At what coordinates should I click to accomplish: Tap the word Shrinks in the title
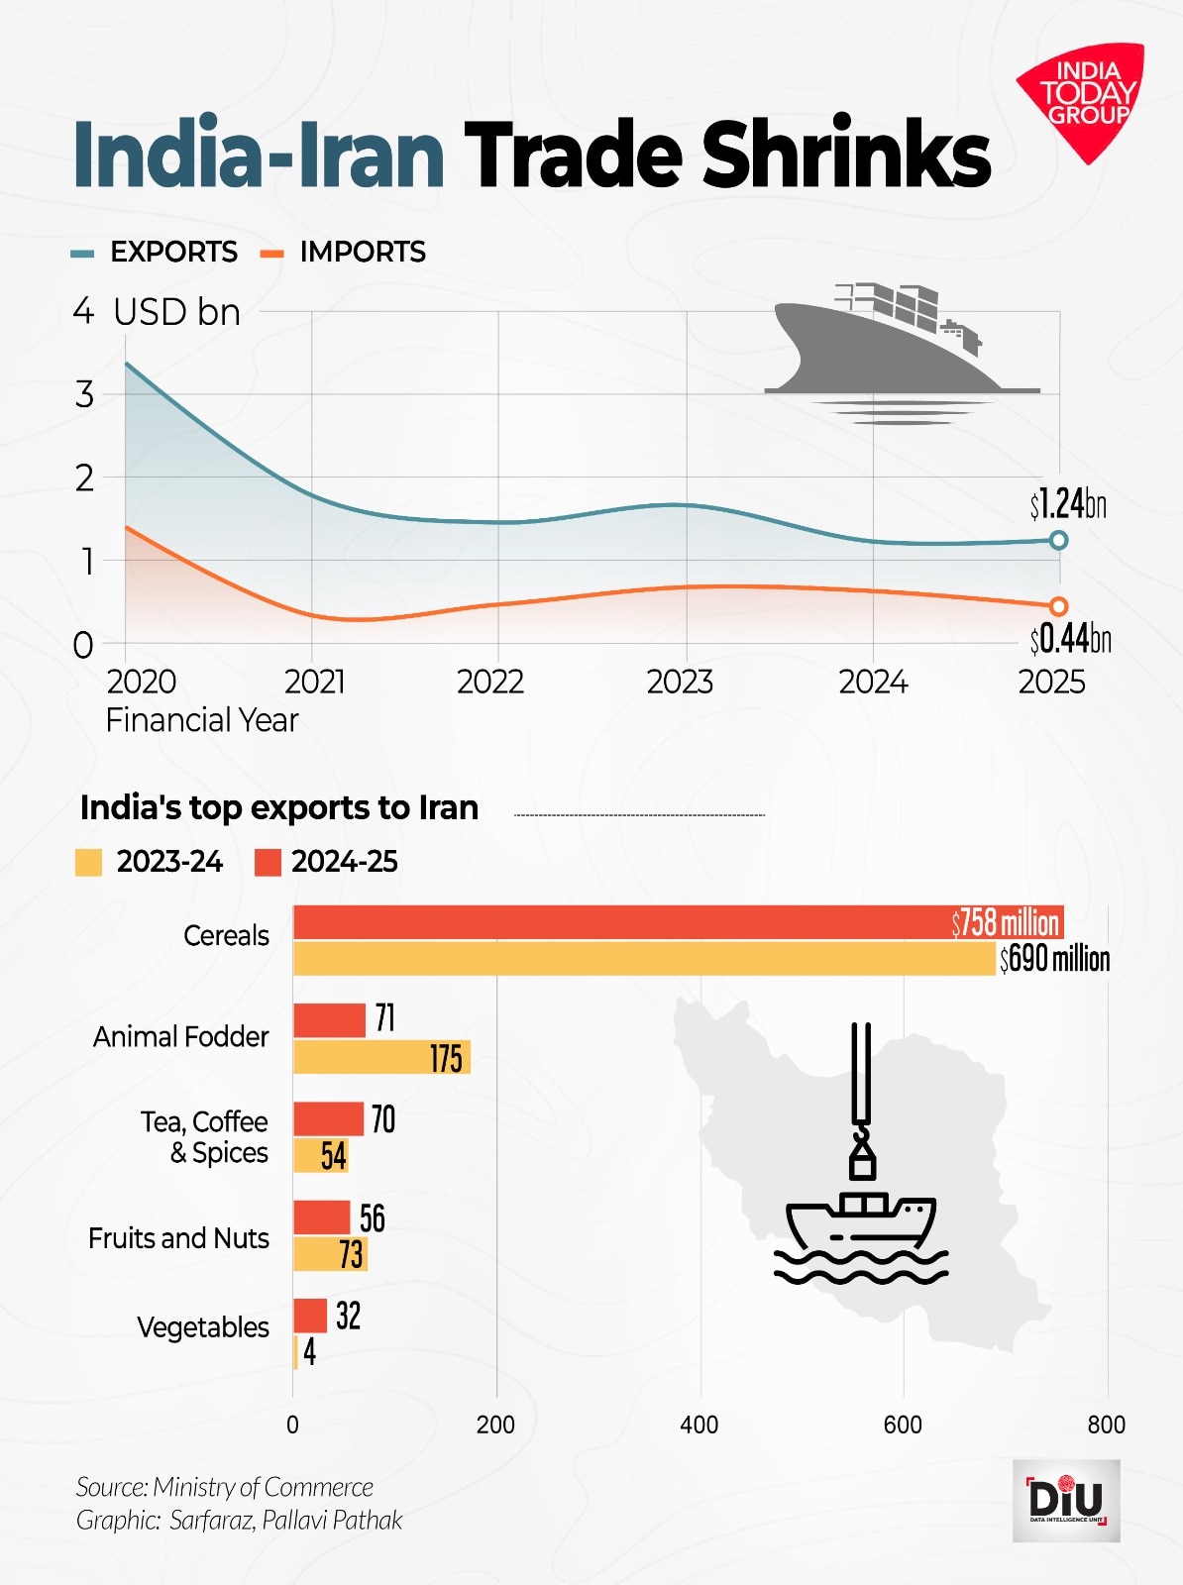pos(846,155)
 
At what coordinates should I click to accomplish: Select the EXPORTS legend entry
pos(156,252)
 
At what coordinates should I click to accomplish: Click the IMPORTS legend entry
pos(344,252)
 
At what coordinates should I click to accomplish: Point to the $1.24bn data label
pos(1067,505)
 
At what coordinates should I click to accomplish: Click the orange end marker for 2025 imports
pos(1058,606)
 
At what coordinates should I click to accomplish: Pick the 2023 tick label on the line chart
pos(680,682)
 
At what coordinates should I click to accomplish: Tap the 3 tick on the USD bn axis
pos(85,394)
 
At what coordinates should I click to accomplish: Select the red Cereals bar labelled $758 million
pos(678,922)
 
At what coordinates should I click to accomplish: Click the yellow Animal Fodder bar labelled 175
pos(381,1057)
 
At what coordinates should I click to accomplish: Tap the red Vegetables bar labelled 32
pos(310,1316)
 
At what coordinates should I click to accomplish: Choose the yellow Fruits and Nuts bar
pos(330,1254)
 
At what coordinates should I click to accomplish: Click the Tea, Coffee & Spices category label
pos(206,1137)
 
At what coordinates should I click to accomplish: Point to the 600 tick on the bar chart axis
pos(903,1425)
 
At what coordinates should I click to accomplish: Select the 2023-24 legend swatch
pos(88,863)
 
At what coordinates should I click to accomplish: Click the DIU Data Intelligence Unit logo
pos(1066,1500)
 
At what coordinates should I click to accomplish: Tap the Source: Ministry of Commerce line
pos(225,1487)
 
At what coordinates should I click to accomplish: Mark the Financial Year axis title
pos(202,720)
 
